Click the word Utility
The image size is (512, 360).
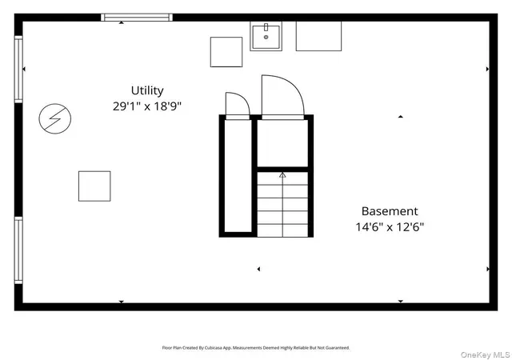click(147, 90)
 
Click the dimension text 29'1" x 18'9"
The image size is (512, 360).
click(147, 106)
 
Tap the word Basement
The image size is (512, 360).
click(390, 211)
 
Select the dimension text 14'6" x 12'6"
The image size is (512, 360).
click(390, 226)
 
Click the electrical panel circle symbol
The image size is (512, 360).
click(55, 118)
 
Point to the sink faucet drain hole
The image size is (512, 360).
click(266, 38)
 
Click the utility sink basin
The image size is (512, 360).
click(266, 36)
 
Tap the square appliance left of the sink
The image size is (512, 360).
click(226, 52)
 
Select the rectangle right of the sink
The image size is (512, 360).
click(318, 36)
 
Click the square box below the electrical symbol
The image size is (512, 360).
click(94, 186)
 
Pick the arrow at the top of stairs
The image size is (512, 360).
click(282, 175)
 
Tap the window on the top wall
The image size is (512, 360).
click(137, 18)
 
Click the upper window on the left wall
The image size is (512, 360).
click(18, 70)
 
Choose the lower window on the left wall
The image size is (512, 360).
click(18, 250)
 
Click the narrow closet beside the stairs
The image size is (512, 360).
click(238, 176)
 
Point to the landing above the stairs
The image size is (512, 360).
click(282, 143)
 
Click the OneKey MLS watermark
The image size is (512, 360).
click(486, 354)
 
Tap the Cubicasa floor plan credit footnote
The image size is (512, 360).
click(256, 348)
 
